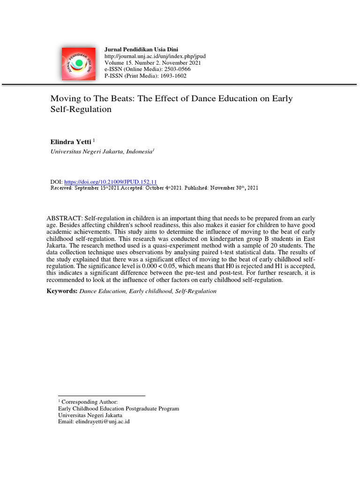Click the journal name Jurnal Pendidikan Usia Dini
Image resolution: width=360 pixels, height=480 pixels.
click(x=142, y=49)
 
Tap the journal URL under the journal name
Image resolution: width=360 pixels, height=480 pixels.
click(x=155, y=56)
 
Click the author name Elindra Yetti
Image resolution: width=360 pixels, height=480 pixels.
click(x=71, y=141)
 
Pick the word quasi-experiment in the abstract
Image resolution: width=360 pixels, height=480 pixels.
click(x=184, y=245)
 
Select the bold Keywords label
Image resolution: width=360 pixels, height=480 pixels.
click(x=62, y=291)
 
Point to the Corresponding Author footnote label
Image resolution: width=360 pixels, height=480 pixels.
click(x=90, y=402)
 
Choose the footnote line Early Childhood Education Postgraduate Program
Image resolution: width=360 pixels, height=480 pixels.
click(x=119, y=408)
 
